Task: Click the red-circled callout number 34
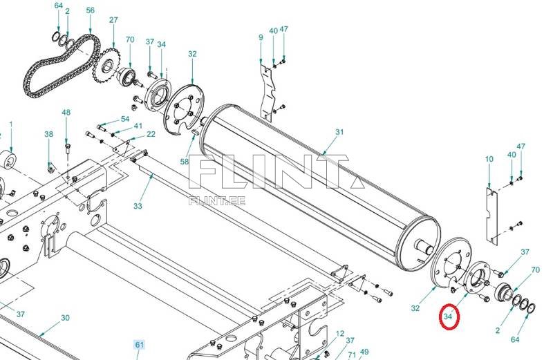click(448, 316)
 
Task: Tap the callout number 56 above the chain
click(91, 10)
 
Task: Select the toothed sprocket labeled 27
click(106, 66)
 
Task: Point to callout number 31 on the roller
click(339, 132)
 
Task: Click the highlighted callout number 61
click(140, 345)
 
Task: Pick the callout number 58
click(185, 162)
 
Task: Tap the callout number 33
click(138, 206)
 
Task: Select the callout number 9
click(261, 37)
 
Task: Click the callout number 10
click(489, 159)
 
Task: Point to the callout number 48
click(66, 113)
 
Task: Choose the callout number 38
click(48, 134)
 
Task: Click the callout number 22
click(151, 134)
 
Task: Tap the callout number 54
click(125, 119)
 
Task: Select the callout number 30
click(65, 318)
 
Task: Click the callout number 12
click(339, 334)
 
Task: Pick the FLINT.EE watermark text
click(217, 201)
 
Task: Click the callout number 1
click(11, 124)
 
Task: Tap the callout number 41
click(138, 126)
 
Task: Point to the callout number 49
click(364, 352)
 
